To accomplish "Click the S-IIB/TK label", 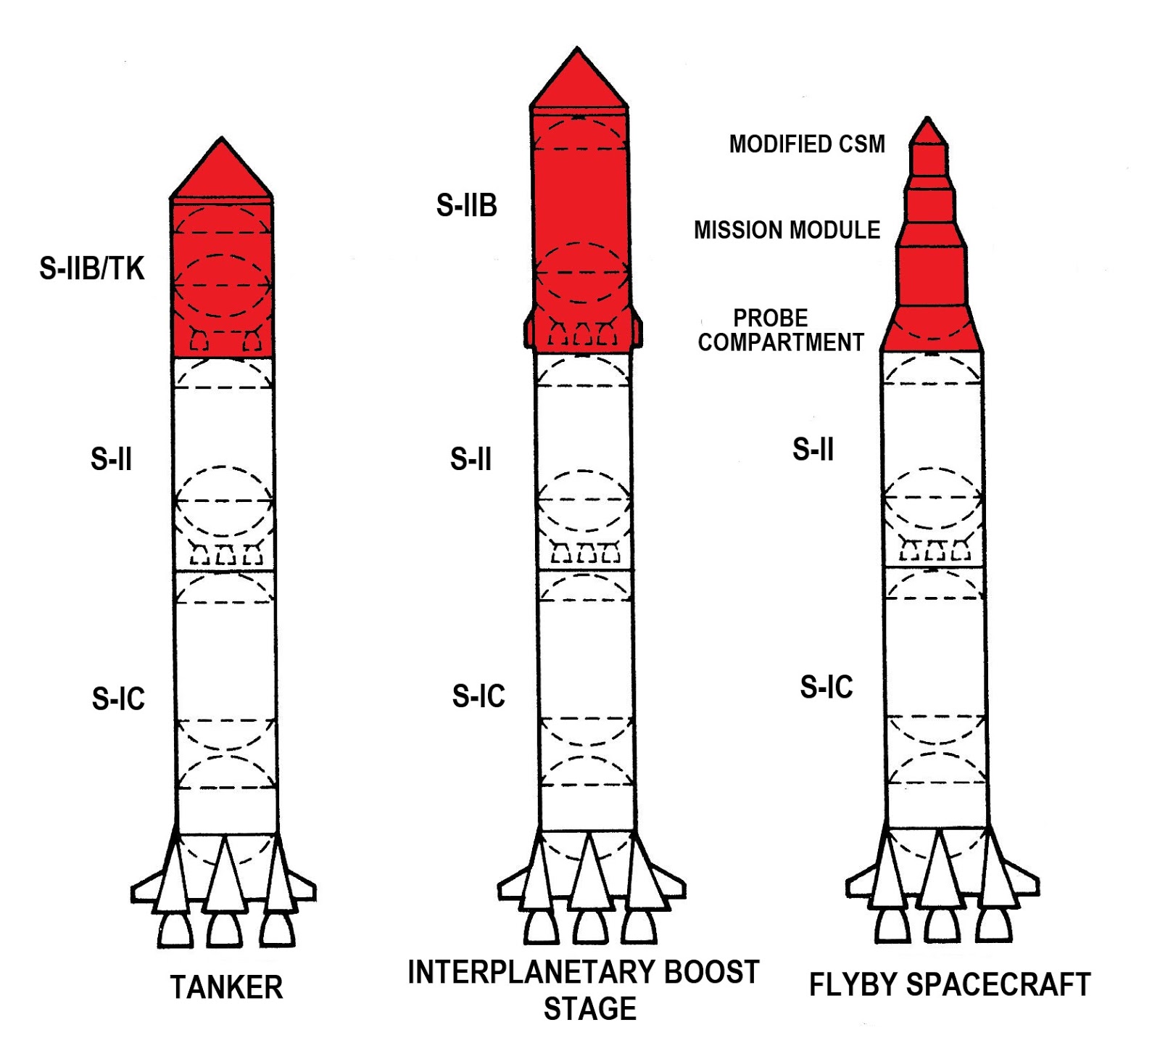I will (x=92, y=268).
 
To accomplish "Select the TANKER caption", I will (x=226, y=987).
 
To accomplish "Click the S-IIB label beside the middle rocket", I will (x=466, y=205).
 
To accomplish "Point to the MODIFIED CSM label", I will (x=807, y=144).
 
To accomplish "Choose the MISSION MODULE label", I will (x=787, y=230).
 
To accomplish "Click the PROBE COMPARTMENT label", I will (x=781, y=330).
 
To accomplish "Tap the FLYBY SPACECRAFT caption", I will (x=950, y=985).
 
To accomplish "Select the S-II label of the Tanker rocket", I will (x=111, y=459).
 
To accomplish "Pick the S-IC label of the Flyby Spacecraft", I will (x=826, y=687).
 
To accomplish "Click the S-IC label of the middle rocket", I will (x=478, y=696).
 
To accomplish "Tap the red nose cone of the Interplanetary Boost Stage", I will (x=578, y=81).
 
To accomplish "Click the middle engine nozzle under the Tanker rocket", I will (x=225, y=930).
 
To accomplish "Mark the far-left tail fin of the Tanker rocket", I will (x=145, y=889).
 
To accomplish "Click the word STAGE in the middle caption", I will (x=590, y=1009).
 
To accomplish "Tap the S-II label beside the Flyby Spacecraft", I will (x=813, y=450).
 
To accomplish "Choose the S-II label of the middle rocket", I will (x=471, y=459).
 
